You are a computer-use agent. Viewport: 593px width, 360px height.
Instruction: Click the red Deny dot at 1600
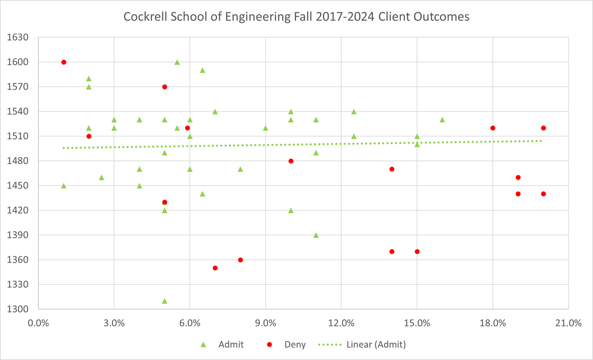64,62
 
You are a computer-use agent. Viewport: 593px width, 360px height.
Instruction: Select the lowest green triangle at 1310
164,301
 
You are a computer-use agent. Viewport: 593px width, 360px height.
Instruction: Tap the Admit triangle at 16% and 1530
442,120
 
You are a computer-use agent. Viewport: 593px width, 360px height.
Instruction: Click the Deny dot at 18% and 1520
493,128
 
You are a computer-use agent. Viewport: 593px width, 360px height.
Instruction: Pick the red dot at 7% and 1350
215,268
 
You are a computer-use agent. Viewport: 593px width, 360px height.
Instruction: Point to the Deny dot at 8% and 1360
240,260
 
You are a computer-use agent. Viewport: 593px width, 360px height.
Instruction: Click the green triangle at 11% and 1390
316,235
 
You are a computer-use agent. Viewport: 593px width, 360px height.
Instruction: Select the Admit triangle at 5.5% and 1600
177,62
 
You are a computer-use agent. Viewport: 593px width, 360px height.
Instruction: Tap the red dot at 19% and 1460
518,178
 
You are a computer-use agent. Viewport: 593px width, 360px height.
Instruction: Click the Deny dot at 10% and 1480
291,161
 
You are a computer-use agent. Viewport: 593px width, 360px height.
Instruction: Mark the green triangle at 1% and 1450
64,186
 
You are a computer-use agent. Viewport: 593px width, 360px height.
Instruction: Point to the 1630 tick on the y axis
18,37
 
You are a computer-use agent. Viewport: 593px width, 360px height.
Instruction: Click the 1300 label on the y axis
18,309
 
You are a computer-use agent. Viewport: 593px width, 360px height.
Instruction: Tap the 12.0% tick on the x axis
341,323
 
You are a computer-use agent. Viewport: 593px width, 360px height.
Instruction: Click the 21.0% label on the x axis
568,323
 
